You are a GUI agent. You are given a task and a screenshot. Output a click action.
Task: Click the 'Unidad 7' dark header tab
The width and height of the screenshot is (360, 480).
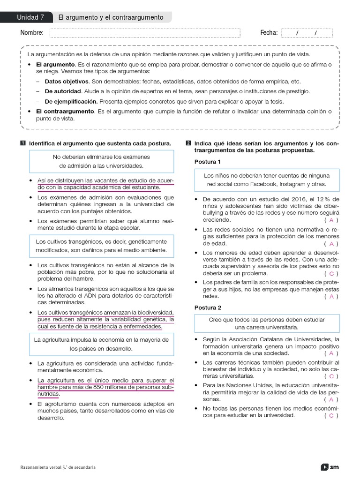[30, 17]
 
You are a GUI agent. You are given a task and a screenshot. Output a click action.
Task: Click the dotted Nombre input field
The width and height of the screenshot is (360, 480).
[144, 33]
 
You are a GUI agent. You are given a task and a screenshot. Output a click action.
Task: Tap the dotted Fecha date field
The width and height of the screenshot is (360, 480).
[306, 33]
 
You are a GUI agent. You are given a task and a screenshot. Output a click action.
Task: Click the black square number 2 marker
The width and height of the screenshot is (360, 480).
[188, 143]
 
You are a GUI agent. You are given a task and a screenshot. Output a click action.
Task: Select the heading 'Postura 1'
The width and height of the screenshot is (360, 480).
[208, 162]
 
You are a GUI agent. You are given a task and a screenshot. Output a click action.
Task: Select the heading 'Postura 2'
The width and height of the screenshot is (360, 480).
[208, 307]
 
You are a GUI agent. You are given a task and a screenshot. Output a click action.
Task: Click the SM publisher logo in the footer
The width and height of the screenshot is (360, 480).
[330, 467]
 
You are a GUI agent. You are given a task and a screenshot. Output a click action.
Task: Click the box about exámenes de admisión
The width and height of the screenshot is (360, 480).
[101, 161]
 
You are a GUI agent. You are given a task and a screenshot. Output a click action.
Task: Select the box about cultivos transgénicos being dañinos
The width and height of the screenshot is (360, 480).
[101, 246]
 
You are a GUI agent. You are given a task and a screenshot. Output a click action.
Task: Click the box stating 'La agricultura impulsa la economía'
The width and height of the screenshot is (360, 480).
[101, 344]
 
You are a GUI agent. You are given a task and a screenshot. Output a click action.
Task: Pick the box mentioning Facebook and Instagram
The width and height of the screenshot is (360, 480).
[267, 180]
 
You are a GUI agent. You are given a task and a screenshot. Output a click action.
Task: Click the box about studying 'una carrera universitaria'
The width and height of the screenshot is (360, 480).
[267, 323]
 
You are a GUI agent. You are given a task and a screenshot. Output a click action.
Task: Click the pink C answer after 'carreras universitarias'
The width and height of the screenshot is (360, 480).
[331, 376]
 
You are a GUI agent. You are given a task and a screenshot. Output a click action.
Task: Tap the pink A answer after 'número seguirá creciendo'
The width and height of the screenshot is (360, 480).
[331, 220]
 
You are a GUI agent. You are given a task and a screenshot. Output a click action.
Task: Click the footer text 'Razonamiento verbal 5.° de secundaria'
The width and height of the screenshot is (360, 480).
[59, 467]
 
